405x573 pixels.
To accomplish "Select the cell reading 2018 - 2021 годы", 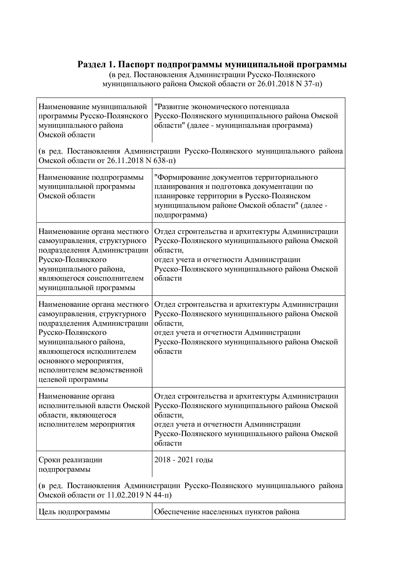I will (184, 460).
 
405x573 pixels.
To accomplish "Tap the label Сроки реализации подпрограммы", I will (70, 465).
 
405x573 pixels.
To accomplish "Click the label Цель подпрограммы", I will (74, 512).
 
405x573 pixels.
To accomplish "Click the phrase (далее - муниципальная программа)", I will (250, 125).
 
